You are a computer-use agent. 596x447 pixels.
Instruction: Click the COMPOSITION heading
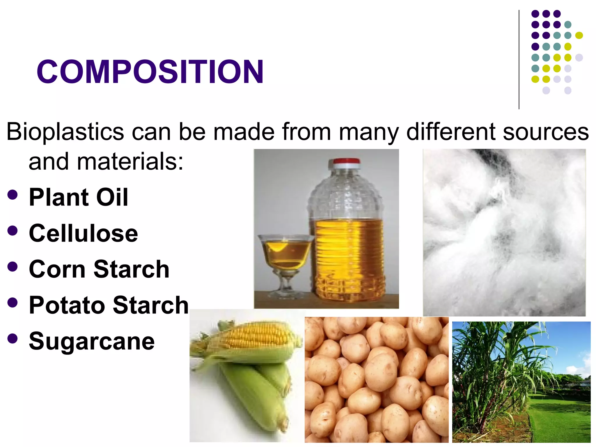150,72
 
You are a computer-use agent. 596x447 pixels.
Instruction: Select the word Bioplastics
65,132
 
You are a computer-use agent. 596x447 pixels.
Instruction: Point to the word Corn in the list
58,269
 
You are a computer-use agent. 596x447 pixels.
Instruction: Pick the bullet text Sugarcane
92,341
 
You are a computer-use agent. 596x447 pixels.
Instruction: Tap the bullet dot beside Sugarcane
13,338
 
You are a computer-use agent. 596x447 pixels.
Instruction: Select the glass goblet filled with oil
285,252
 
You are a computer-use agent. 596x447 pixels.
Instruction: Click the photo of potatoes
376,380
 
